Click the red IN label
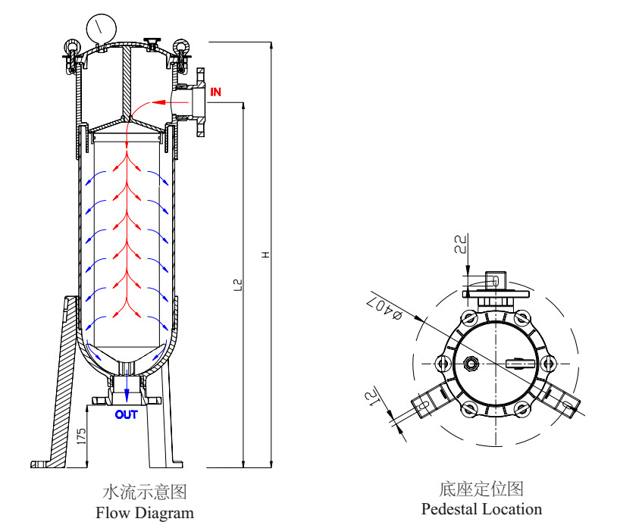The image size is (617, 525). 216,92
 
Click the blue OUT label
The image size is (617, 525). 127,414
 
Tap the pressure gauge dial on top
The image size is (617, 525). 101,30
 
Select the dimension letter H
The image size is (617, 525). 265,255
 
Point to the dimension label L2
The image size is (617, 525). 237,285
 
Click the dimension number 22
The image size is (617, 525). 460,244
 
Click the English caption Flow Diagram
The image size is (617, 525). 145,513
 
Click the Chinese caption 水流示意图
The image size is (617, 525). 144,492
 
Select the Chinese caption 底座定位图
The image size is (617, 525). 481,489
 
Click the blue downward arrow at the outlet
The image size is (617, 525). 127,395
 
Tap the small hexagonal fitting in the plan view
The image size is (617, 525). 471,364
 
